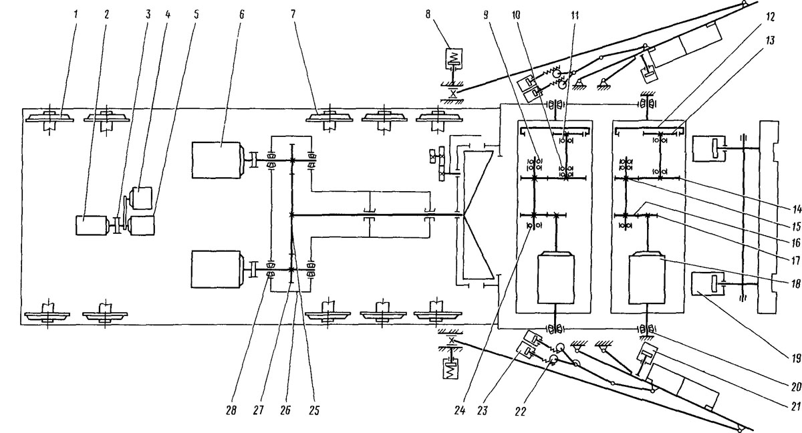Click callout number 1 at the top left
pos(76,14)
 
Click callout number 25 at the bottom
pos(313,410)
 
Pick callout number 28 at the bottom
pos(231,410)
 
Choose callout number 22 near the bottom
pos(520,412)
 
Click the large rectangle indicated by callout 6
pos(216,160)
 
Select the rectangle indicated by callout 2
pos(92,225)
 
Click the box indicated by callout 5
pos(142,225)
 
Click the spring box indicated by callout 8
pos(454,58)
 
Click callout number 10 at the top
pos(516,15)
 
